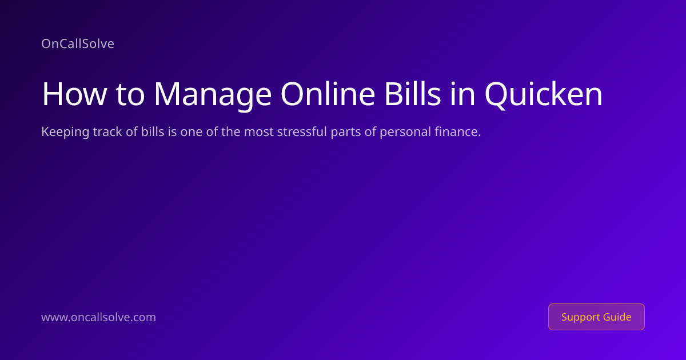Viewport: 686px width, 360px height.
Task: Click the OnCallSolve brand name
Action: [78, 43]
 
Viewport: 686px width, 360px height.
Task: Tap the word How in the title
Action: [74, 94]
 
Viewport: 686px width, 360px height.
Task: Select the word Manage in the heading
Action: [213, 95]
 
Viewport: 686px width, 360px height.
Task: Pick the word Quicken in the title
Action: [544, 95]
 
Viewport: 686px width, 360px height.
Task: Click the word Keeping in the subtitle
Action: [65, 132]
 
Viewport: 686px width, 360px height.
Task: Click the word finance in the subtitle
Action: [456, 131]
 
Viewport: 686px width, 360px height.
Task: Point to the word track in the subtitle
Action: [108, 131]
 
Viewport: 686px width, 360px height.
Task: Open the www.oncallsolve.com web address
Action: [98, 317]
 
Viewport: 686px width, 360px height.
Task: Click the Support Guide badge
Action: [596, 317]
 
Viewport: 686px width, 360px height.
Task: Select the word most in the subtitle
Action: [259, 132]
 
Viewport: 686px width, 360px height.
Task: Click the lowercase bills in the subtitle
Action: [153, 131]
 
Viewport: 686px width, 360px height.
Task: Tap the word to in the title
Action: [130, 95]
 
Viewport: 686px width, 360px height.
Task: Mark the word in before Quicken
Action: [462, 94]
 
